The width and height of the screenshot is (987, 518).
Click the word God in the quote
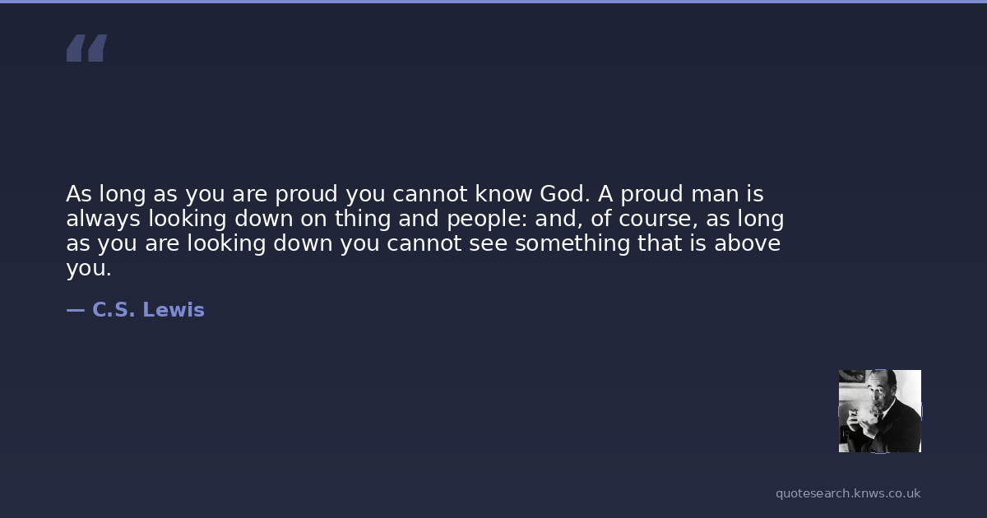pos(564,194)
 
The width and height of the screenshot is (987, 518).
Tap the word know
pos(503,194)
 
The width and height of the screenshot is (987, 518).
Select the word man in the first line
pos(715,195)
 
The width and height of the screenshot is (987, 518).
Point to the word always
pos(103,220)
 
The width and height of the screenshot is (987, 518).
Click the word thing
pos(363,220)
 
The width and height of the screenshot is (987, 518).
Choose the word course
pos(658,220)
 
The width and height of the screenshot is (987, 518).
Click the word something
pos(572,244)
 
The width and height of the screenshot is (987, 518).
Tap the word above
pos(748,243)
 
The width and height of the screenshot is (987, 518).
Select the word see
pos(489,244)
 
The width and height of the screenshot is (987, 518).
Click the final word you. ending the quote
pos(89,269)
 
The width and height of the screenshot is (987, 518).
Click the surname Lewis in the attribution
pos(174,310)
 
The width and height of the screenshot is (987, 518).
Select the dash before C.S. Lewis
pos(76,311)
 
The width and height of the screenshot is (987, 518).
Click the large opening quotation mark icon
pos(87,48)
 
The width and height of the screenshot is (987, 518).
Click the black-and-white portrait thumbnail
pos(880,411)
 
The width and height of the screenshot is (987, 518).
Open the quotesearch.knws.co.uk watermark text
pos(848,494)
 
